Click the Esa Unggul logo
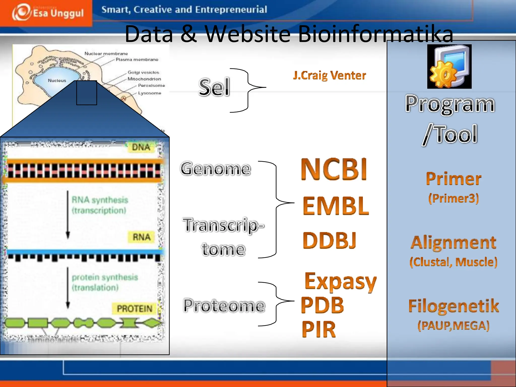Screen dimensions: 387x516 (x=48, y=13)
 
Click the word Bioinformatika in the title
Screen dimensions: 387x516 (x=375, y=34)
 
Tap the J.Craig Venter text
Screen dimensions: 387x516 (x=329, y=75)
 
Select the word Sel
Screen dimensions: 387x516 (x=214, y=87)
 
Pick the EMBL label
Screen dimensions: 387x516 (x=336, y=206)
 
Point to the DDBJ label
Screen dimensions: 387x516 (x=330, y=241)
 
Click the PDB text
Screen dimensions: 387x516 (x=322, y=305)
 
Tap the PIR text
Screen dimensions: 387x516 (x=319, y=329)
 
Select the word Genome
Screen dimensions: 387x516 (x=216, y=169)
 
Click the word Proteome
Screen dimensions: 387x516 (x=224, y=306)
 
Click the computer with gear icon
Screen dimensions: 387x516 (x=449, y=67)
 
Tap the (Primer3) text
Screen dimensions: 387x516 (x=454, y=198)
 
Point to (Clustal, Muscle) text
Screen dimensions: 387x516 (x=454, y=262)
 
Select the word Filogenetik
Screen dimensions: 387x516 (x=454, y=306)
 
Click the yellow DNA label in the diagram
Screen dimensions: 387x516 (x=141, y=147)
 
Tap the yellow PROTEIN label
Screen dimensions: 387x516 (x=135, y=309)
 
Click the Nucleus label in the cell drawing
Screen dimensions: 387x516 (x=57, y=81)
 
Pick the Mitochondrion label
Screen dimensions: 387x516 (x=144, y=79)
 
